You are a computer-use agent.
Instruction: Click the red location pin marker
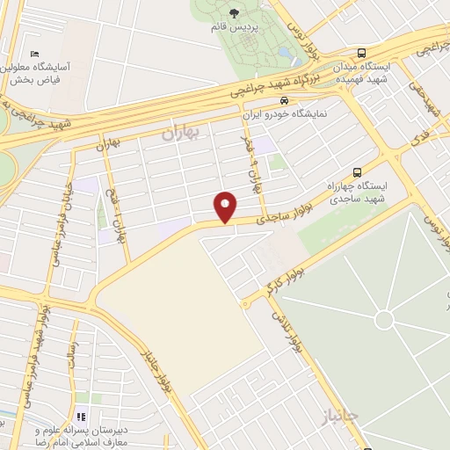226,207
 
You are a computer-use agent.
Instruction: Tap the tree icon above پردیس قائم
234,13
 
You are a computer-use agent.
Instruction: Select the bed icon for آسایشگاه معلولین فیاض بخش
34,54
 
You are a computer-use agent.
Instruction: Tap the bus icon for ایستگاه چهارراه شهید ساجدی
357,172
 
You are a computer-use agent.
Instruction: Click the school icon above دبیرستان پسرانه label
81,417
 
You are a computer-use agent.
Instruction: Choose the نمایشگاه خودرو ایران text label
284,114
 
